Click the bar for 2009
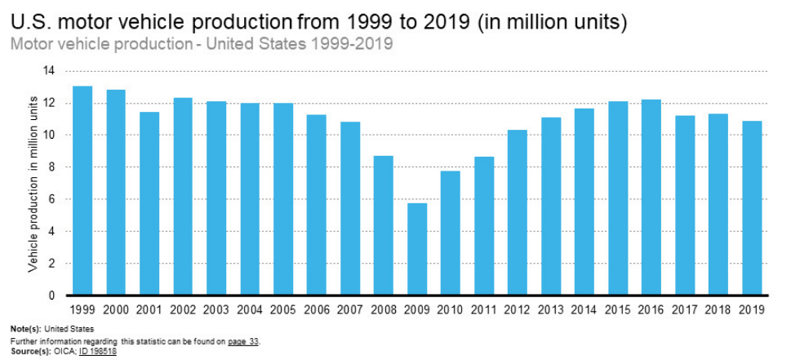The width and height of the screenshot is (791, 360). click(x=417, y=249)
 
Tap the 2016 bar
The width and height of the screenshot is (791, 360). click(x=651, y=197)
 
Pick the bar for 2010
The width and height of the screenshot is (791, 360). click(x=451, y=233)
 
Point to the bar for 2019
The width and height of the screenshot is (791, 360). click(x=752, y=207)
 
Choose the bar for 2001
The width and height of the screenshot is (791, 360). click(x=149, y=203)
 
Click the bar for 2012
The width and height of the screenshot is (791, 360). click(x=518, y=212)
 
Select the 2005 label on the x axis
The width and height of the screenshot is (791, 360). click(x=283, y=309)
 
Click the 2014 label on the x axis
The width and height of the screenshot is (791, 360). click(x=584, y=309)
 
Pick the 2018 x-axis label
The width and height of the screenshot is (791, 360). click(x=718, y=309)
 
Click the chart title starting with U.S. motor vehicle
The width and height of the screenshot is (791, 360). click(x=318, y=20)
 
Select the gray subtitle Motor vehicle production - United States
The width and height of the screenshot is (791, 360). click(x=202, y=43)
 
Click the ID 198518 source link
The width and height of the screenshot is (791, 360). click(x=98, y=351)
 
